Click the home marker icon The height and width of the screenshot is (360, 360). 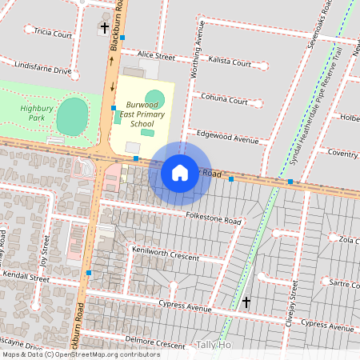point(180,172)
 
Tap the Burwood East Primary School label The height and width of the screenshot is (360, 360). point(142,115)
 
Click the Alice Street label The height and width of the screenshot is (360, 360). point(156,57)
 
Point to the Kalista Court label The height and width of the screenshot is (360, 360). point(230,61)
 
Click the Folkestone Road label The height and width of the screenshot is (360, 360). point(211,221)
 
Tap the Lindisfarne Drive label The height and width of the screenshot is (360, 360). point(43,71)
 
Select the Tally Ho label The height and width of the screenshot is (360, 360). point(213,345)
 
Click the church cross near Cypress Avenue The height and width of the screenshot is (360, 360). point(246,302)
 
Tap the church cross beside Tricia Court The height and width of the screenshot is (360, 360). point(105,28)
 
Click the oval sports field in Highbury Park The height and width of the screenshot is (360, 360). point(73,117)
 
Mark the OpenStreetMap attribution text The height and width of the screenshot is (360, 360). point(81,354)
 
